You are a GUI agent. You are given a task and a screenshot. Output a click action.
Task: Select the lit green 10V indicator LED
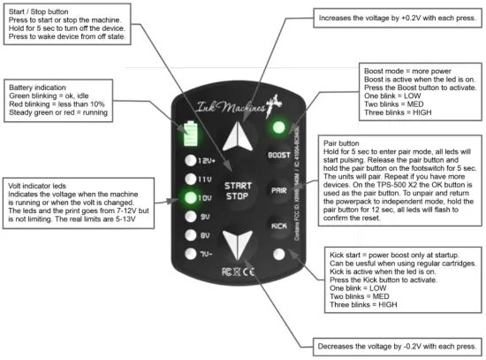190,196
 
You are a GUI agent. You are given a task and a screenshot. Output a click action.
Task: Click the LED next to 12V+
190,160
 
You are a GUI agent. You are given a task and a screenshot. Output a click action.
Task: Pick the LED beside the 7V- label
190,254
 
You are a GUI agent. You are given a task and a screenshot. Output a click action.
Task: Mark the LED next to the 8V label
190,234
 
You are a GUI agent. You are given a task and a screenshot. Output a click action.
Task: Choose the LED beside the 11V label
190,179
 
